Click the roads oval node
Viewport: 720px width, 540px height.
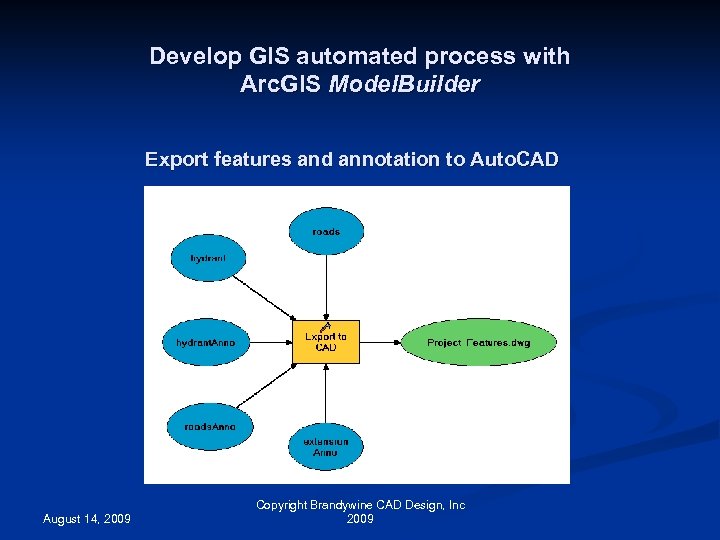coord(326,231)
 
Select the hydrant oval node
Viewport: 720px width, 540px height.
coord(208,258)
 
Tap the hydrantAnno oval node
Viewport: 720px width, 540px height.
coord(206,342)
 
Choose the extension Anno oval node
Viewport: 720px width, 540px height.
coord(326,447)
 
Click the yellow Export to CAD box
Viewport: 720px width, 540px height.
coord(326,343)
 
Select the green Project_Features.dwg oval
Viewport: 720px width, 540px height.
coord(478,342)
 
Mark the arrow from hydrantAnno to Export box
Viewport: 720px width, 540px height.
coord(270,342)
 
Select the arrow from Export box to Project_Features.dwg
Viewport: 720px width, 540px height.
coord(380,342)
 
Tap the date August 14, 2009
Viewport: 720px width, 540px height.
coord(86,519)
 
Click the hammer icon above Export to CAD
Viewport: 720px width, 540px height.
coord(325,325)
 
